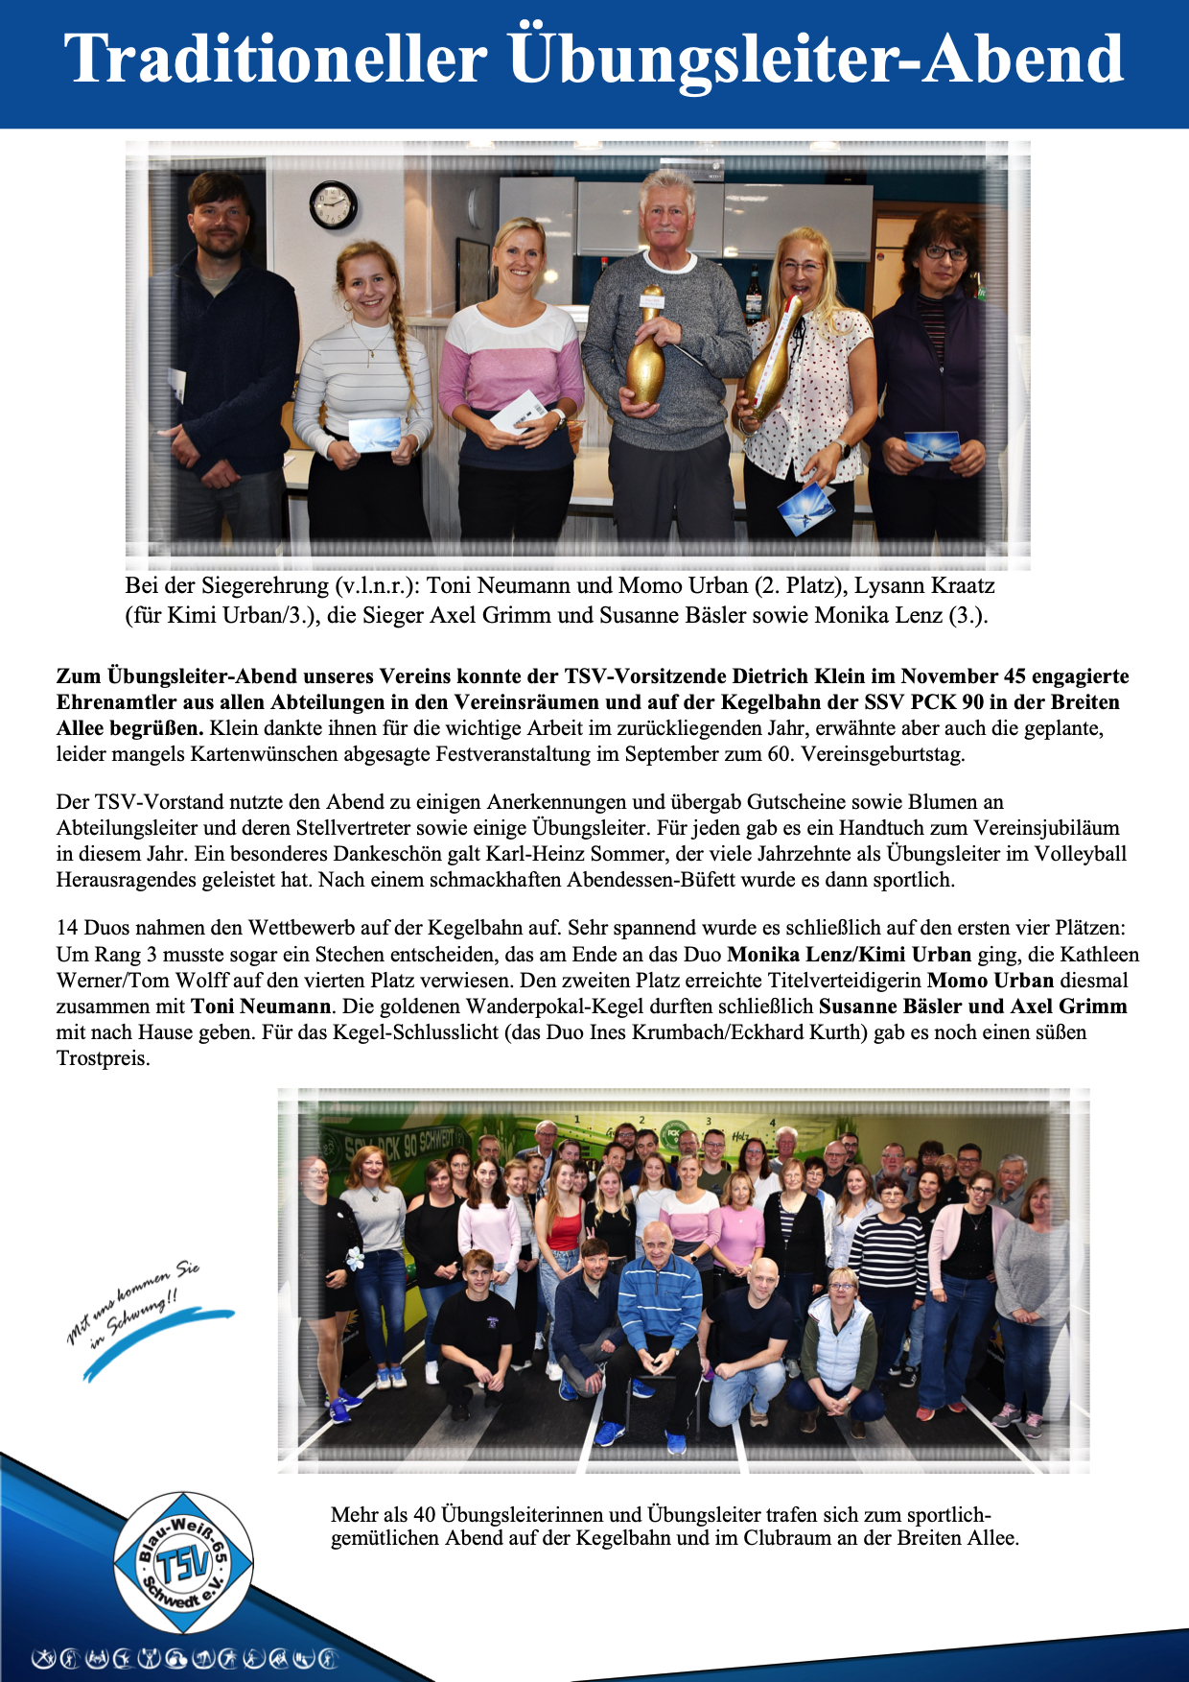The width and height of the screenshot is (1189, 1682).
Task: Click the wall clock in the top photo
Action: pos(333,204)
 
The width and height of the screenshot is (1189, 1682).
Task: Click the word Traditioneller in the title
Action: pos(276,59)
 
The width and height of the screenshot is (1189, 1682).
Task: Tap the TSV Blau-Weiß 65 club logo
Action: pos(183,1563)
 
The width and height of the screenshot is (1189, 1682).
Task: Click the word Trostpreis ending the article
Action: pos(103,1059)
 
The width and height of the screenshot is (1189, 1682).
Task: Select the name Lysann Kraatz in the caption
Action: pos(924,586)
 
